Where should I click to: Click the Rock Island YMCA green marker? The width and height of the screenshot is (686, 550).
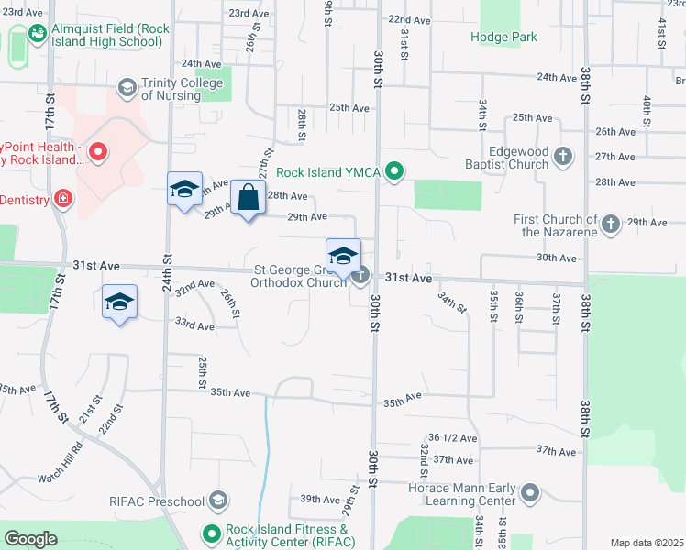[395, 170]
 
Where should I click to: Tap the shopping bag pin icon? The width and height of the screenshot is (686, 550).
[249, 197]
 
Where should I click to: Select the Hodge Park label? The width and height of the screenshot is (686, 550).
[503, 37]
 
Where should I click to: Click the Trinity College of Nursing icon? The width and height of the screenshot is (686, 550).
[127, 88]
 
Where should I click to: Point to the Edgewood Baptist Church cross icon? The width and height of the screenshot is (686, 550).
[563, 158]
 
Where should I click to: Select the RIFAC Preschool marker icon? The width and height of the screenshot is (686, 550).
[218, 500]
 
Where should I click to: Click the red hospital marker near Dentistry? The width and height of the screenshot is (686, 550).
[63, 198]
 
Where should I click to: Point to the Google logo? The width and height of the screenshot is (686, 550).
[31, 539]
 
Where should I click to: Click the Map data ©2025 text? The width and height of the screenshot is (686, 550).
[646, 543]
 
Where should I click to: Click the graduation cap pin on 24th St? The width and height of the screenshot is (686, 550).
[184, 190]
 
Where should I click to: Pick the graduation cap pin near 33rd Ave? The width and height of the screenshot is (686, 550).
[120, 302]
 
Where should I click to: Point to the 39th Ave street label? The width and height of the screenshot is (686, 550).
[320, 499]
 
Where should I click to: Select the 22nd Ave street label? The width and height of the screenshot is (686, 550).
[409, 19]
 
